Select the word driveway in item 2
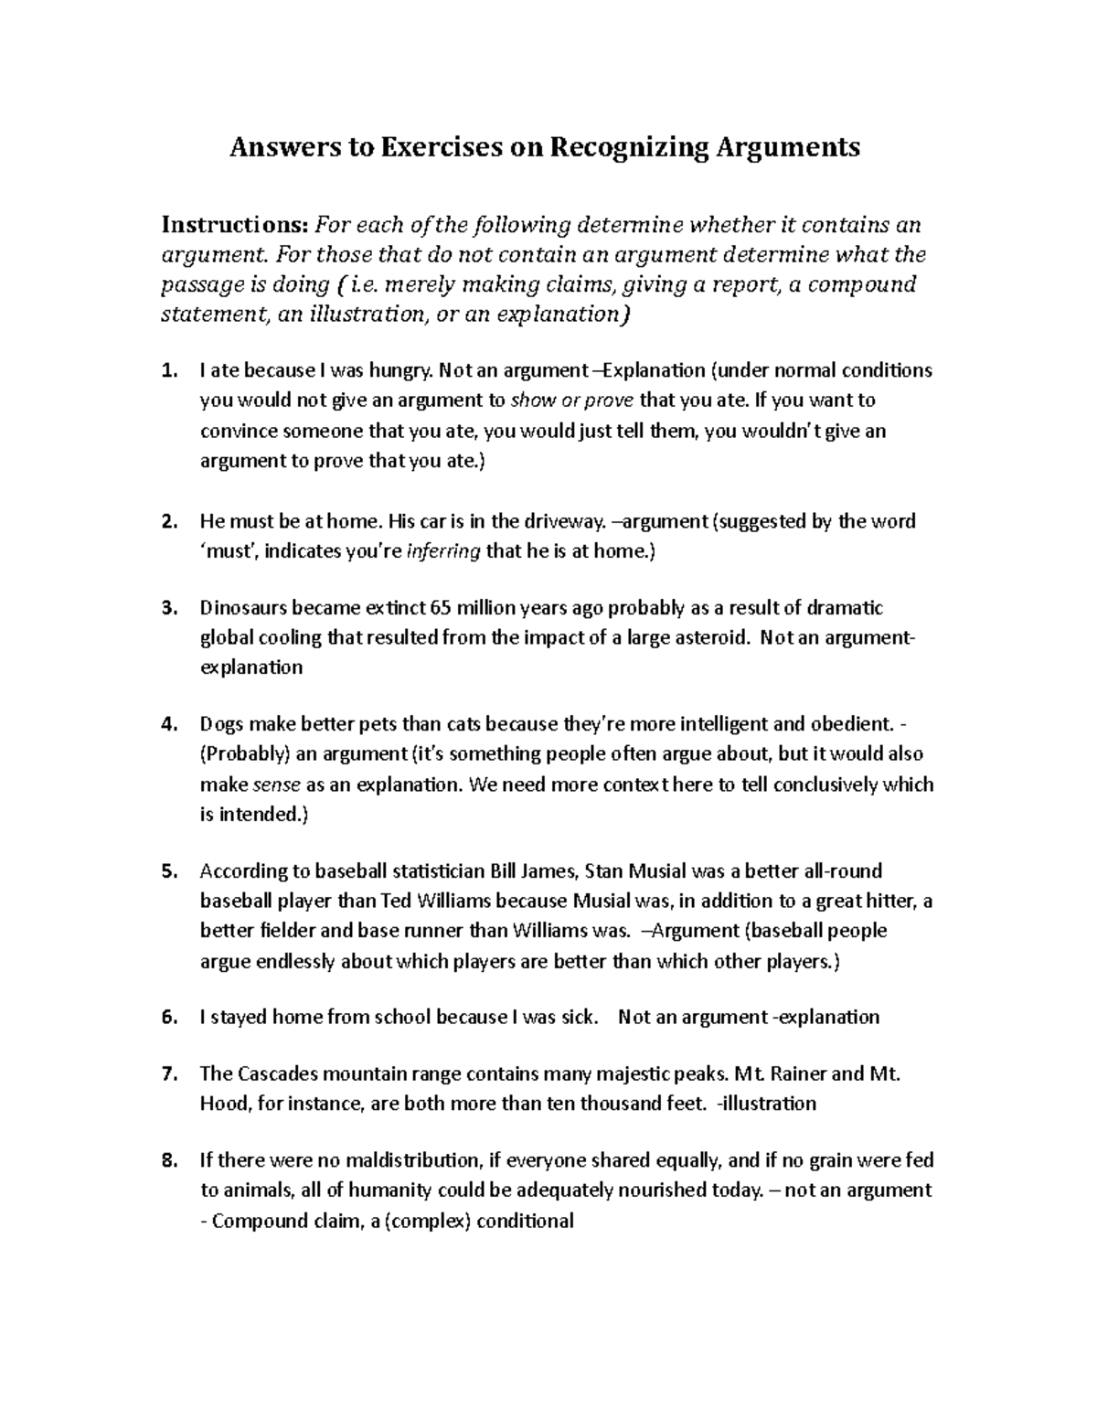(x=562, y=521)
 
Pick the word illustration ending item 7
(x=770, y=1104)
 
